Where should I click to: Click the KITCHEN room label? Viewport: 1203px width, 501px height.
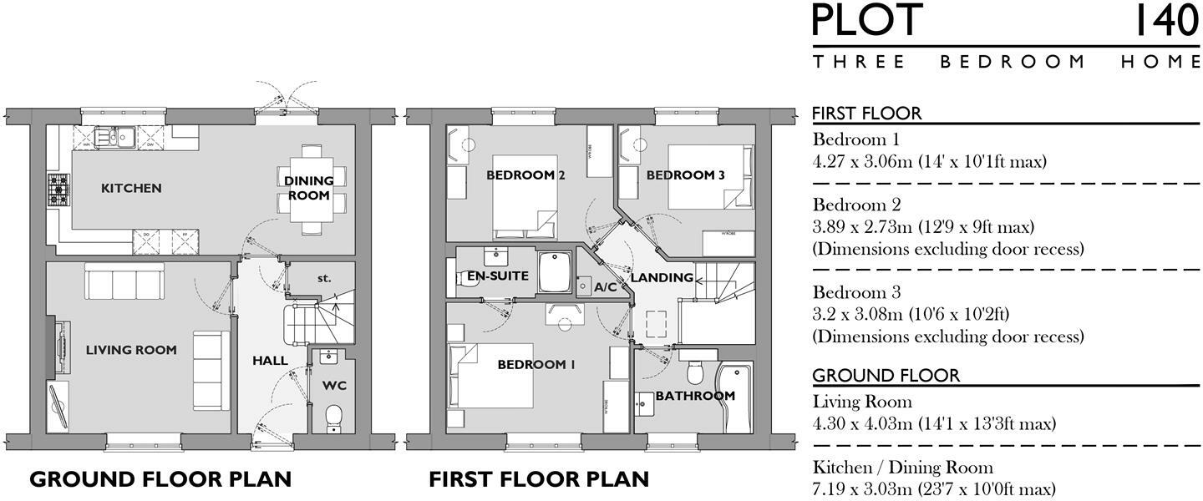point(131,189)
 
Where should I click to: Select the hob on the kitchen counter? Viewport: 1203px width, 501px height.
point(58,190)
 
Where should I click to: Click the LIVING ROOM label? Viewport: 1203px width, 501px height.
point(131,350)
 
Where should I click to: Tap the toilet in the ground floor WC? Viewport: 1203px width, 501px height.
point(334,417)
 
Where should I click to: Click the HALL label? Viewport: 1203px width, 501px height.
point(270,361)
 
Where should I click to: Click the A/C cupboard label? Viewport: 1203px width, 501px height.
point(605,287)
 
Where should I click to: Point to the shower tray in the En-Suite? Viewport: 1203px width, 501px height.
point(555,272)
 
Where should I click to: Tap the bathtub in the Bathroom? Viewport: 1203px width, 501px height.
point(735,397)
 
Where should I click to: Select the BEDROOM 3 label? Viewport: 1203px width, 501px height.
point(686,175)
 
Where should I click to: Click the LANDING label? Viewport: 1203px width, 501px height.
point(662,277)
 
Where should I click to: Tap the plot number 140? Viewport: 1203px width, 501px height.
point(1166,20)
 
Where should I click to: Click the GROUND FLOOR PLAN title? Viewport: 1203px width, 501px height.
point(160,479)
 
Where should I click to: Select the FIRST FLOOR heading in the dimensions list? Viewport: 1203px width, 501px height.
point(867,114)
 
